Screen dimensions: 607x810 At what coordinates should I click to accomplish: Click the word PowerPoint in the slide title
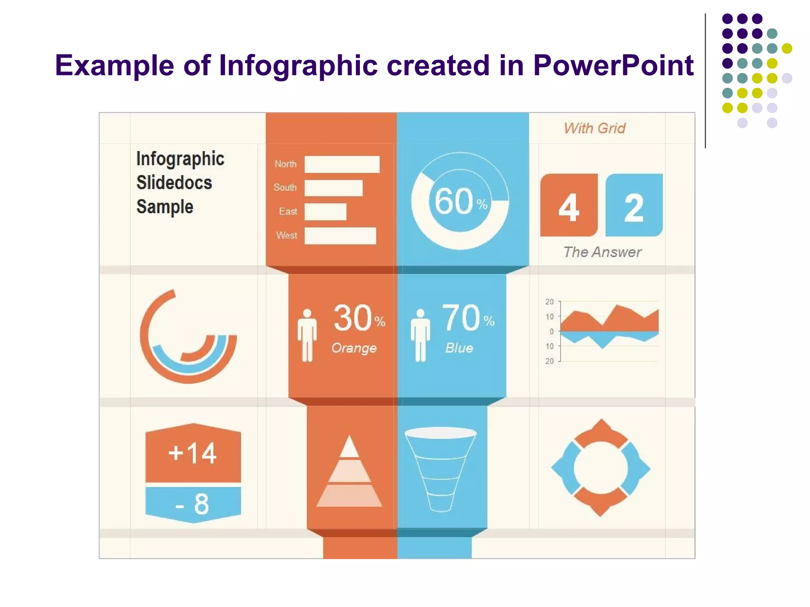point(613,65)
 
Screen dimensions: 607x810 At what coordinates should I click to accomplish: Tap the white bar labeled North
point(342,164)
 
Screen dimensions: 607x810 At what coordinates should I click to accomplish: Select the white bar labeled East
point(325,212)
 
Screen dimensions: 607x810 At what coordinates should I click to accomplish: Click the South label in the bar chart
point(285,188)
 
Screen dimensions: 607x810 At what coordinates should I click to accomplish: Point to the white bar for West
point(340,236)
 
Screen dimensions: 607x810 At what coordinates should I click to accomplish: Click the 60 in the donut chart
point(454,202)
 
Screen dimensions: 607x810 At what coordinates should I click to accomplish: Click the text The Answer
point(602,252)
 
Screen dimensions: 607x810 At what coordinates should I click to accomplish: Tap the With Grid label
point(594,128)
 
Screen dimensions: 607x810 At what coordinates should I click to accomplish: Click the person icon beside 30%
point(307,335)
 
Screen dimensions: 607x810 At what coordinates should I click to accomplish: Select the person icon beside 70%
point(420,335)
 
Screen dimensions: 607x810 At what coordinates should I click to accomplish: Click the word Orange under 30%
point(354,348)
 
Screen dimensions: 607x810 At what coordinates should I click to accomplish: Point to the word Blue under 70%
point(459,348)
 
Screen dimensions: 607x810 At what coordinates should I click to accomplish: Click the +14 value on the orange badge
point(193,453)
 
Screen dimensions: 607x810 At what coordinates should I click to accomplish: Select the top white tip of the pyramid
point(349,447)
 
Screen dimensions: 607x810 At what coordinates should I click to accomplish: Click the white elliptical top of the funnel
point(440,433)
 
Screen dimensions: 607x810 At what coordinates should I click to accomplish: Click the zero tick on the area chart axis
point(552,332)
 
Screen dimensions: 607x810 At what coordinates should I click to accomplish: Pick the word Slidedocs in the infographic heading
point(174,183)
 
